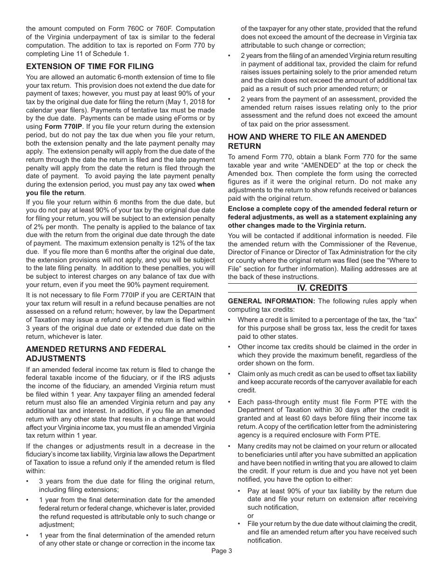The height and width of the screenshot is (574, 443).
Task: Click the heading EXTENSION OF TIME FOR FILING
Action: (90, 66)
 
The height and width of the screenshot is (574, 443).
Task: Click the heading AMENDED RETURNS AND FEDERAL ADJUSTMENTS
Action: (96, 354)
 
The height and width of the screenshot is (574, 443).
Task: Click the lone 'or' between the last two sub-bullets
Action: (250, 516)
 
